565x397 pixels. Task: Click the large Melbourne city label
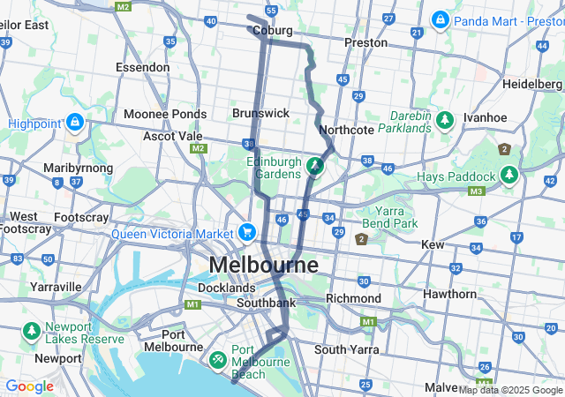click(263, 265)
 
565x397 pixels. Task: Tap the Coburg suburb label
click(272, 30)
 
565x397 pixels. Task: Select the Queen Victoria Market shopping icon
click(247, 234)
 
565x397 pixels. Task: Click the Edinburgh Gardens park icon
click(315, 165)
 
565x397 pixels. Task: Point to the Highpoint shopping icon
click(75, 122)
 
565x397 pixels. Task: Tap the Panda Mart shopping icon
click(440, 19)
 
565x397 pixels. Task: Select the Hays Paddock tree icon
click(508, 176)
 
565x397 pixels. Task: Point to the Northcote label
click(346, 130)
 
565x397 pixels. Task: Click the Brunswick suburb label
click(260, 113)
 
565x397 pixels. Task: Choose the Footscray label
click(80, 216)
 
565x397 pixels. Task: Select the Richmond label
click(353, 298)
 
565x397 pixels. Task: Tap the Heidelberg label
click(531, 83)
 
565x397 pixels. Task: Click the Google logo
click(29, 386)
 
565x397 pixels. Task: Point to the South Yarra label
click(347, 349)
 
